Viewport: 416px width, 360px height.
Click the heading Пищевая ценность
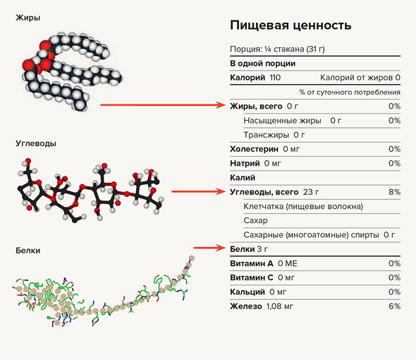290,25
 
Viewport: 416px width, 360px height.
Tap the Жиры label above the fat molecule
28,18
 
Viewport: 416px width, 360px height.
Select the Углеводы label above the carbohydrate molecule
36,144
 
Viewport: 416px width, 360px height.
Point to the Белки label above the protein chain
28,251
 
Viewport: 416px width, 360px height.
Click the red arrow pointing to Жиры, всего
163,105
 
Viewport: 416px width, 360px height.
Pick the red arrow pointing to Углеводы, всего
198,191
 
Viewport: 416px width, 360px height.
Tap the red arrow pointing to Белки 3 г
209,248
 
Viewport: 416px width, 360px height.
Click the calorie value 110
275,78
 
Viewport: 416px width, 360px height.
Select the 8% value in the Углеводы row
394,192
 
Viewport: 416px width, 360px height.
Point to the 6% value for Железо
394,306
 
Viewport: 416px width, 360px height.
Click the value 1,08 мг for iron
280,306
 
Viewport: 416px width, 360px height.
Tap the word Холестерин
254,149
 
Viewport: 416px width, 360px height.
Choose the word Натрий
245,163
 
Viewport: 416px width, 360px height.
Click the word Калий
243,177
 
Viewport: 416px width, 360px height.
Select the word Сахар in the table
255,220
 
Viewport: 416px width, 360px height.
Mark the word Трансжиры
266,135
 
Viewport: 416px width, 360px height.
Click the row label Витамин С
252,277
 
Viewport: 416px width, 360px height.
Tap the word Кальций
247,292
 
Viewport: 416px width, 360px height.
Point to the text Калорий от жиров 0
360,78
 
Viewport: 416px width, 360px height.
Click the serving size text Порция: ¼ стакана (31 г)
277,49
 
